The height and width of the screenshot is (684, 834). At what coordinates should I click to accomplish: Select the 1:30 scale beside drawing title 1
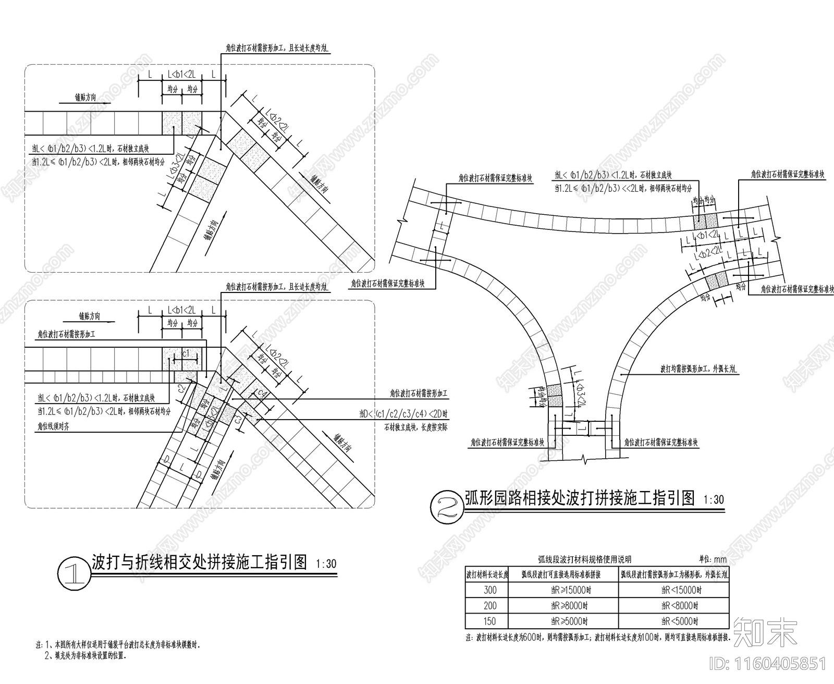[x=326, y=564]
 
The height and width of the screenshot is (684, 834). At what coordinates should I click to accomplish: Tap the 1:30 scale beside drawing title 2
[x=714, y=499]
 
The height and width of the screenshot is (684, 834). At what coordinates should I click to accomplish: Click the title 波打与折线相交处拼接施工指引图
[x=199, y=562]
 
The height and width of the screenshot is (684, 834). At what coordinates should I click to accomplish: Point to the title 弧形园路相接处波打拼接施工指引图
[x=580, y=498]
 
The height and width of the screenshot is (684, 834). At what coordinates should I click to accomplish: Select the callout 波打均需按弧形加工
[x=698, y=369]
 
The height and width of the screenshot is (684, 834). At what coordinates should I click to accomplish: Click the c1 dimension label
[x=186, y=354]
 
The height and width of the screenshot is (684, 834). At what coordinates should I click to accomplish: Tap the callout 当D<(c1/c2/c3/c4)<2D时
[x=403, y=414]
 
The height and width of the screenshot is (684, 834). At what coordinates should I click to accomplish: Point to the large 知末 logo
[x=765, y=632]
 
